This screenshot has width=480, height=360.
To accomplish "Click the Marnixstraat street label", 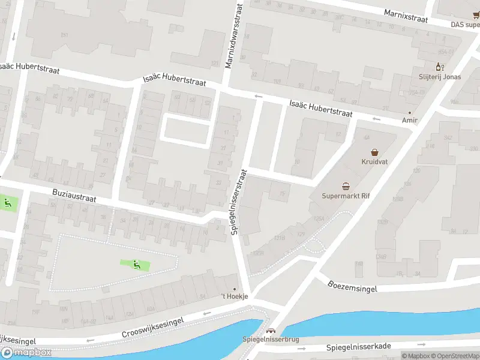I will (407, 16).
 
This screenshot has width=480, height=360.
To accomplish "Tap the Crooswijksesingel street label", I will (153, 327).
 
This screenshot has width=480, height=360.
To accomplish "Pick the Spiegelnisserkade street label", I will (358, 347).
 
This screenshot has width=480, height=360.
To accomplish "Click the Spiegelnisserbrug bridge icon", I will (271, 330).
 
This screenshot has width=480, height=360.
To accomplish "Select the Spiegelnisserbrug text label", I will (270, 340).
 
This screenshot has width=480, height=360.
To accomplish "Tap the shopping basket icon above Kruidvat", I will (375, 152).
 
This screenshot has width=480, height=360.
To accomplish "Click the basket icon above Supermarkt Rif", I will (346, 187).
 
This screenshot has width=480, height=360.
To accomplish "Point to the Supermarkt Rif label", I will (346, 196).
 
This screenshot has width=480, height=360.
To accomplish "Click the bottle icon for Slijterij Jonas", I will (439, 67).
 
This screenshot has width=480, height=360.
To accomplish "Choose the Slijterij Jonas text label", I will (439, 77).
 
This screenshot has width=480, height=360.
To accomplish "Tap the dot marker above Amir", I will (410, 112).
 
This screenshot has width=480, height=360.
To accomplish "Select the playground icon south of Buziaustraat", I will (138, 263).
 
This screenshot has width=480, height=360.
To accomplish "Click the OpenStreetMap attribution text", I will (453, 356).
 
